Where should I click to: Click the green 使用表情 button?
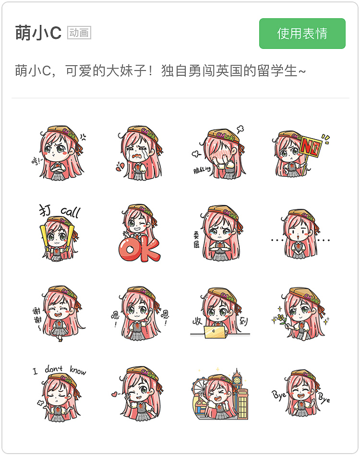(x=302, y=34)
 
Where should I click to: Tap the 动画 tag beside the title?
(x=79, y=33)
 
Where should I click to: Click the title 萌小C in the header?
(x=38, y=34)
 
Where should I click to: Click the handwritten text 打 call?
(x=60, y=211)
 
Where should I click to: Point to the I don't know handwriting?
(x=60, y=371)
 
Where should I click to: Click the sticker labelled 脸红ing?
(x=218, y=153)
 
